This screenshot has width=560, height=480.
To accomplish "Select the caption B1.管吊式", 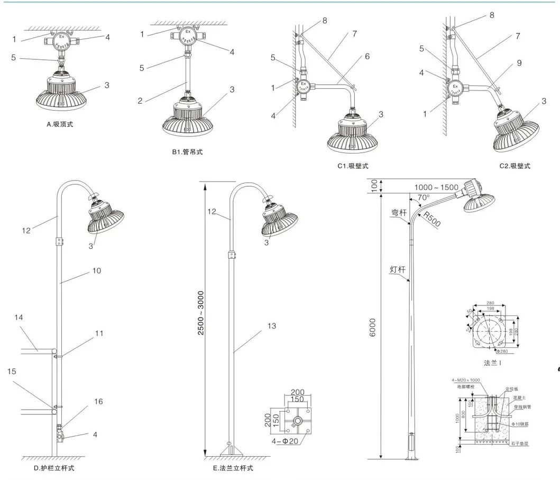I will click(x=187, y=152).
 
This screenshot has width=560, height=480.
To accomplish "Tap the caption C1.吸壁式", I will click(x=353, y=166).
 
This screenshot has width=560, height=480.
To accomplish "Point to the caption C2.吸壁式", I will click(x=515, y=166).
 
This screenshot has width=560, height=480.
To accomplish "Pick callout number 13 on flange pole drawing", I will click(x=271, y=326).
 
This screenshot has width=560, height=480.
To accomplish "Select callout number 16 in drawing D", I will click(x=98, y=401).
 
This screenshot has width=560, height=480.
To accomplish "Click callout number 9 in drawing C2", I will click(x=519, y=62).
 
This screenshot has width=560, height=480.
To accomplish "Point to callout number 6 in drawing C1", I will click(x=366, y=56).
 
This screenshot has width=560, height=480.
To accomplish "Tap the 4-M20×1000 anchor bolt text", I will click(x=465, y=380).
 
